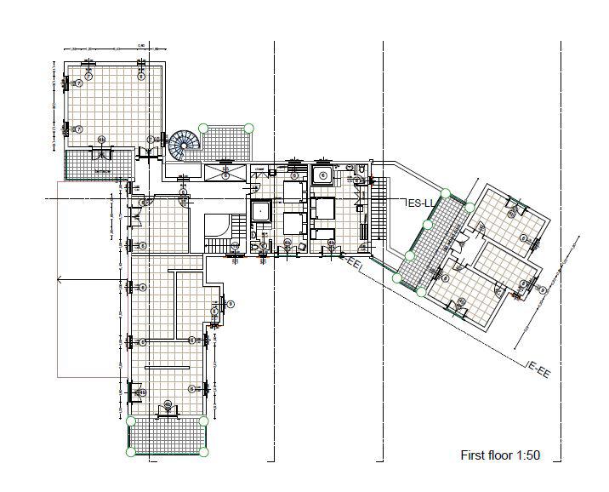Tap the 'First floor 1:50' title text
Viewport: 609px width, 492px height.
(500, 455)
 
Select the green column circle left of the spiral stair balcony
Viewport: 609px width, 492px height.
(202, 128)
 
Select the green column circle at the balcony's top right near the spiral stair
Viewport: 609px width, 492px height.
(249, 128)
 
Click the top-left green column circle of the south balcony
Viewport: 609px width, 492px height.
(130, 420)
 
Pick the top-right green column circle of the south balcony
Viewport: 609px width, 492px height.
(204, 420)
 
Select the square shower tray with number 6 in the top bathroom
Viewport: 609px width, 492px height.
(323, 175)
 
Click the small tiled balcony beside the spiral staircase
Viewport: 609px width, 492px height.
(226, 143)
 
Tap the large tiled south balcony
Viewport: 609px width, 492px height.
(167, 437)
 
